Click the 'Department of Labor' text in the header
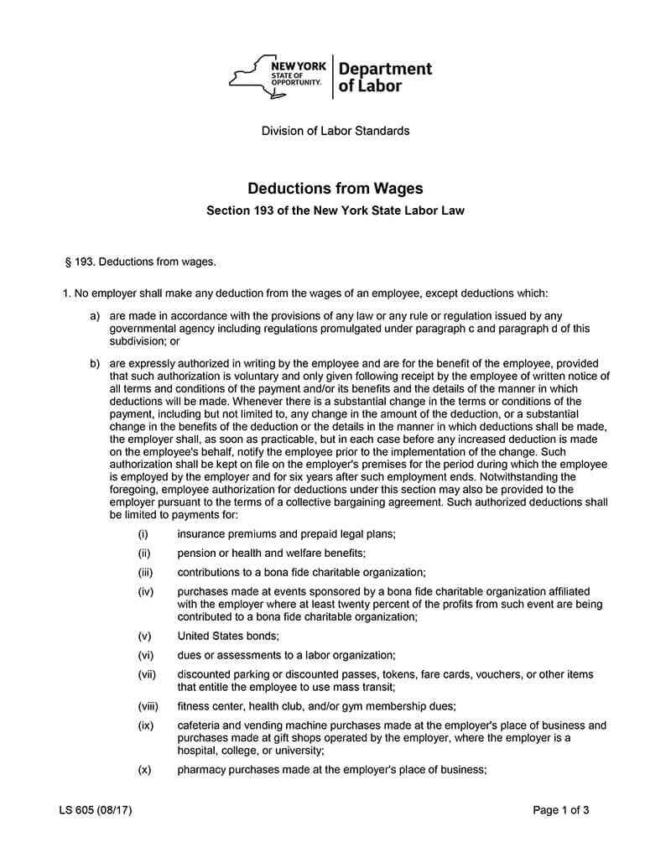385,77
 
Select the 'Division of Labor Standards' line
335,131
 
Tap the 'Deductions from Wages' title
335,190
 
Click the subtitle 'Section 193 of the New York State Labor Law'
335,211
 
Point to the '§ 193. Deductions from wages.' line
140,262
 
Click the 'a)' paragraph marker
95,316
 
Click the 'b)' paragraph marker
95,363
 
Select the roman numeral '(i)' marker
143,534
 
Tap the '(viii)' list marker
147,706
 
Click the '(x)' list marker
144,770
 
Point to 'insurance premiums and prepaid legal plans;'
286,534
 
